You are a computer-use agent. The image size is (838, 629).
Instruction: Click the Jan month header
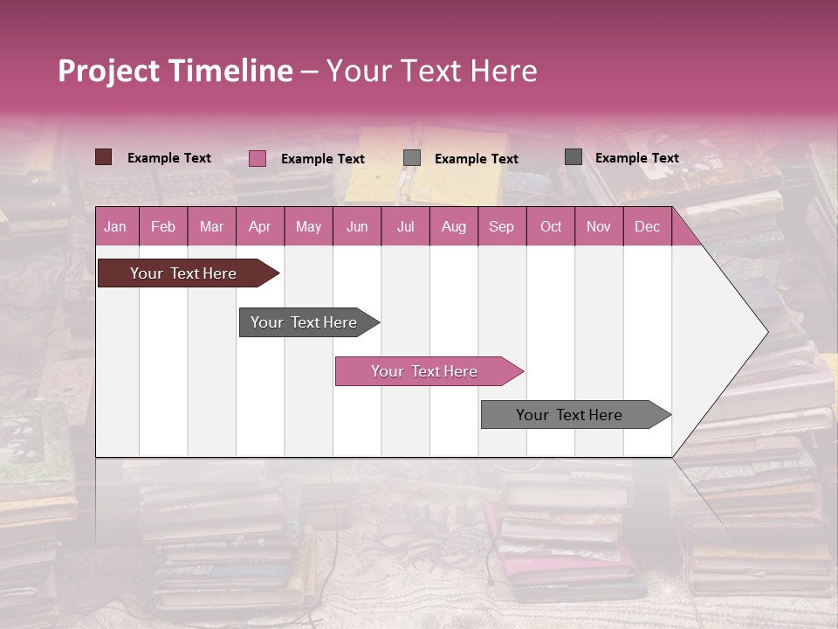pos(115,226)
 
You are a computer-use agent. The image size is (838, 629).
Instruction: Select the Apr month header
pos(259,226)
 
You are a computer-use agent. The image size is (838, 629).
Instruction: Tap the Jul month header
pos(405,226)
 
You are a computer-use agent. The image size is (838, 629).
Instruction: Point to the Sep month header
pos(501,226)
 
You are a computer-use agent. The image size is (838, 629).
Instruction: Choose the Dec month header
pos(647,226)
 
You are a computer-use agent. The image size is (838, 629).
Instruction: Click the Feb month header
pos(163,226)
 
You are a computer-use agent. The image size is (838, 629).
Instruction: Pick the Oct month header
pos(551,226)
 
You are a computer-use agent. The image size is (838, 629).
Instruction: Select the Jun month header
pos(357,226)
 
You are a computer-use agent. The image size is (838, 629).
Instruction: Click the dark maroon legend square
pos(104,157)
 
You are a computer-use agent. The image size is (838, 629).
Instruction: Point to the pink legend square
pos(258,158)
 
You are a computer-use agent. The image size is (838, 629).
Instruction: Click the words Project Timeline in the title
pos(175,71)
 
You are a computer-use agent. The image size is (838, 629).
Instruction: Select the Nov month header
pos(599,226)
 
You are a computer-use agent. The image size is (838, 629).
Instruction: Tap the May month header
pos(308,226)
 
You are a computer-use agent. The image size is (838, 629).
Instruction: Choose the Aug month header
pos(453,226)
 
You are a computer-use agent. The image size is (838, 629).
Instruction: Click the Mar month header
pos(211,226)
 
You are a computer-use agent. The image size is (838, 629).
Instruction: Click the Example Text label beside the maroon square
pos(169,158)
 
